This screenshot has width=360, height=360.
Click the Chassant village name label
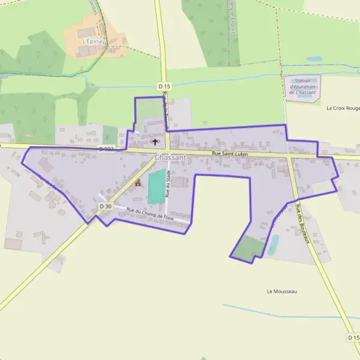[x=170, y=157]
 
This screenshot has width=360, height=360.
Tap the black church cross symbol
[x=155, y=142]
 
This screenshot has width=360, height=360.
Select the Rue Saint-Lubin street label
[x=230, y=154]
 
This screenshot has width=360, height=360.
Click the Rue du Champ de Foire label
[x=150, y=213]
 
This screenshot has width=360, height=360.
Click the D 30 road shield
[x=105, y=206]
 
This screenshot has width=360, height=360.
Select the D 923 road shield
[x=106, y=148]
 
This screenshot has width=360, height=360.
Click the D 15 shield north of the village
[x=165, y=86]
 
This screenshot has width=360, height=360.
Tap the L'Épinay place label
[x=94, y=41]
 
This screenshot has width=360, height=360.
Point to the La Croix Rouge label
[x=343, y=109]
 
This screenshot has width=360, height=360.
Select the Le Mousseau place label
[x=282, y=292]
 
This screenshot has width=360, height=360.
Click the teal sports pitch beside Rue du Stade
[x=156, y=187]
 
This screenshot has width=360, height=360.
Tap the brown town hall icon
[x=138, y=183]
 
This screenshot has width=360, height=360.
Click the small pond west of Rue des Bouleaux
[x=274, y=244]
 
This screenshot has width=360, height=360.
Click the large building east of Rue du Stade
[x=179, y=182]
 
